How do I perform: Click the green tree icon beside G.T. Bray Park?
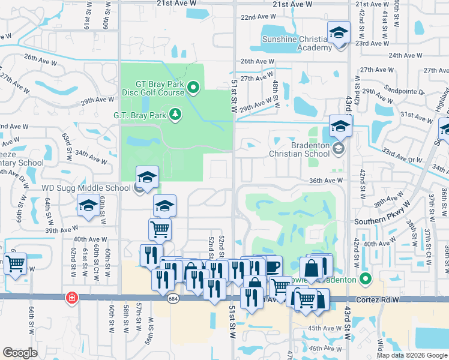click(175, 114)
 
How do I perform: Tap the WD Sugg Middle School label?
click(85, 188)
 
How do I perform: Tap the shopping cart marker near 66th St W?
click(15, 262)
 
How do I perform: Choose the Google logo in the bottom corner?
click(20, 353)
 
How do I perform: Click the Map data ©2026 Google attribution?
click(411, 355)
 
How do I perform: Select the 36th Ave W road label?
click(326, 180)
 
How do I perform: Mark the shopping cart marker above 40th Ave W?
click(160, 229)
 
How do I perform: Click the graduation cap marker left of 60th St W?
click(88, 206)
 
